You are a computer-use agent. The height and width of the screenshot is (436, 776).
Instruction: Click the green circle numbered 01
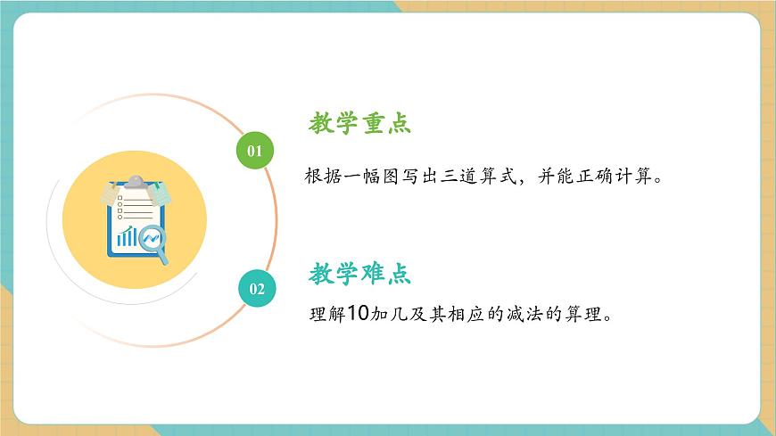(x=254, y=150)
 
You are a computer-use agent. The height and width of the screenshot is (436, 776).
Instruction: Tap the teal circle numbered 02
(x=257, y=288)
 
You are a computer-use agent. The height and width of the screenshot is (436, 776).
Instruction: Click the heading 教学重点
(x=360, y=124)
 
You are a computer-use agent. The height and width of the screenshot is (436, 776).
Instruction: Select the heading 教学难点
(x=360, y=274)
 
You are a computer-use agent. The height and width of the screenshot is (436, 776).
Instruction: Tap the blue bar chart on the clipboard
(x=127, y=236)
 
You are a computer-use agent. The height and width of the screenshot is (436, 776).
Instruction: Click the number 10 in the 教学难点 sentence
(x=357, y=314)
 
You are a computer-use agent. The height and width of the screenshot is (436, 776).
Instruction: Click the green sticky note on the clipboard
(x=160, y=193)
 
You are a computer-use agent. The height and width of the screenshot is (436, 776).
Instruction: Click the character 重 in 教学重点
(x=374, y=124)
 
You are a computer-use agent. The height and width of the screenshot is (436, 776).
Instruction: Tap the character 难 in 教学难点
(x=374, y=274)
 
